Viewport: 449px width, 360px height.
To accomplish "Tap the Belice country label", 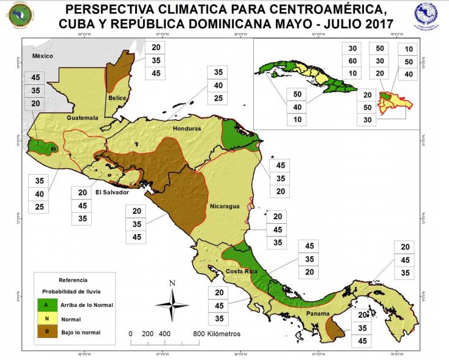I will [x=117, y=98].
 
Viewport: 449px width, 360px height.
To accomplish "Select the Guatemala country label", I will [x=83, y=117].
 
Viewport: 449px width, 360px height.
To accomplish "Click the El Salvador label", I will [x=112, y=193].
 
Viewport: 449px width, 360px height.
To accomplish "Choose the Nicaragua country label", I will [x=224, y=207].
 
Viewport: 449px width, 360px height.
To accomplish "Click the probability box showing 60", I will [x=352, y=61].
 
